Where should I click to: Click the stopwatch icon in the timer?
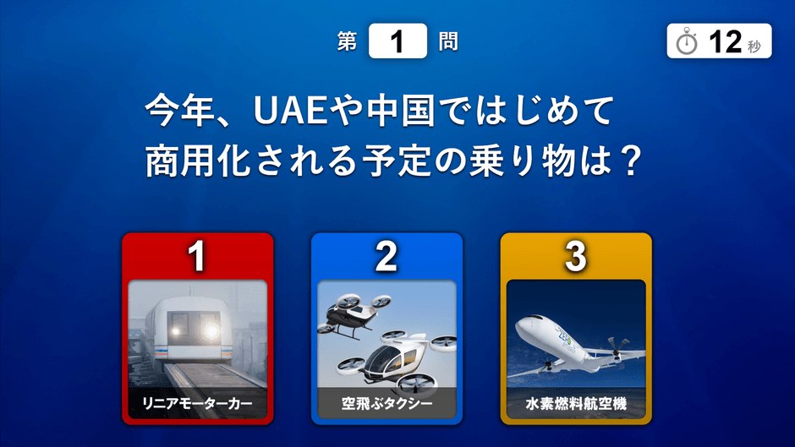click(x=687, y=41)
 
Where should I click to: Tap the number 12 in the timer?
click(x=725, y=41)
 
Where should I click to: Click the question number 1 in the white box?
click(x=397, y=41)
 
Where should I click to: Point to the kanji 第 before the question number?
click(x=348, y=41)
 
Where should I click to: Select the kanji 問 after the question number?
click(x=448, y=41)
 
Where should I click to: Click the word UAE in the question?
click(x=290, y=110)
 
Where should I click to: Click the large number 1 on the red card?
click(x=197, y=256)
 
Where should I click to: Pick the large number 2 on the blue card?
click(x=386, y=256)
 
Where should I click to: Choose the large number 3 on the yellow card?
click(x=575, y=256)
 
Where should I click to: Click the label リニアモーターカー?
click(x=197, y=403)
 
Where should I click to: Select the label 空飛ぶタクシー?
click(x=387, y=403)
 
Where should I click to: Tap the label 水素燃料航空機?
click(x=576, y=403)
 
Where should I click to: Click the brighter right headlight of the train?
click(x=211, y=332)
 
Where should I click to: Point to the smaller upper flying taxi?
click(x=354, y=315)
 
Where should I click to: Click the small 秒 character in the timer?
click(x=754, y=46)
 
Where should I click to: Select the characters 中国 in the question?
click(x=401, y=110)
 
